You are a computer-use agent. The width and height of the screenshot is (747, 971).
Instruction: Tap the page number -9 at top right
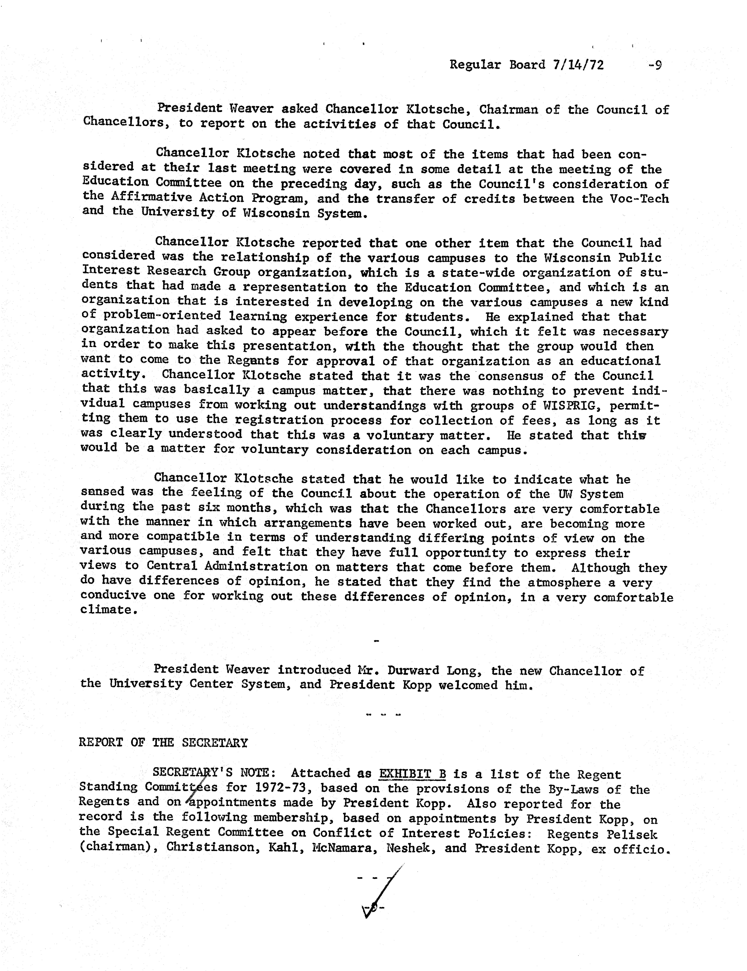(655, 65)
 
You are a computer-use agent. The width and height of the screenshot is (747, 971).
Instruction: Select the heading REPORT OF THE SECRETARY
(163, 743)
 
